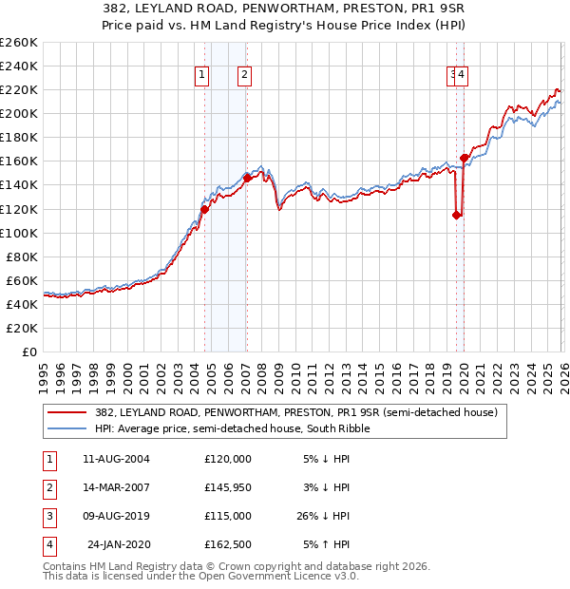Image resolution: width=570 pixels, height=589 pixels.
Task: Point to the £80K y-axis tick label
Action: tap(21, 256)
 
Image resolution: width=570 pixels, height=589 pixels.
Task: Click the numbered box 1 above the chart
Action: tap(202, 76)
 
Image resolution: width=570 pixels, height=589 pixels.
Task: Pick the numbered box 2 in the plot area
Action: tap(244, 76)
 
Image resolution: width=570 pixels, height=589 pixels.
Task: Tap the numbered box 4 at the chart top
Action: tap(462, 76)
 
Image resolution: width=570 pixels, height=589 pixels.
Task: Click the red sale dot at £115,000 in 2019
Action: tap(456, 215)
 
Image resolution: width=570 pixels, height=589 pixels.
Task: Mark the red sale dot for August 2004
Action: tap(204, 209)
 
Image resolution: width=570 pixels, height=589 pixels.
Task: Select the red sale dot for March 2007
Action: tap(247, 178)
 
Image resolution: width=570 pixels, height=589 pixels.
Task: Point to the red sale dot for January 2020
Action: tap(464, 158)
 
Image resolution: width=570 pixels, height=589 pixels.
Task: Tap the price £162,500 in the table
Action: tap(228, 545)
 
